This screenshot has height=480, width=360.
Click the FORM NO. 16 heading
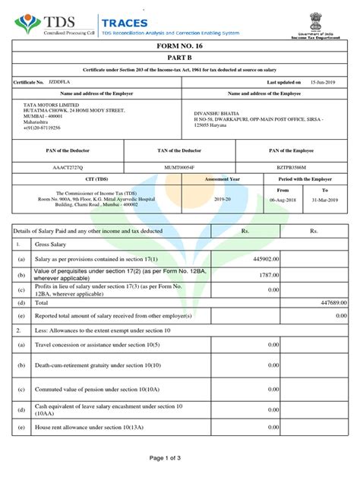click(180, 46)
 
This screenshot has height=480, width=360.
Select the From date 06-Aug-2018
click(283, 201)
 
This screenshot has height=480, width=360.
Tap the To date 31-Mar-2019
click(325, 201)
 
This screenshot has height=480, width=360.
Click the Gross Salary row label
click(51, 245)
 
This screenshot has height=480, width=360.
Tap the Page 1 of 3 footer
click(180, 458)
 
